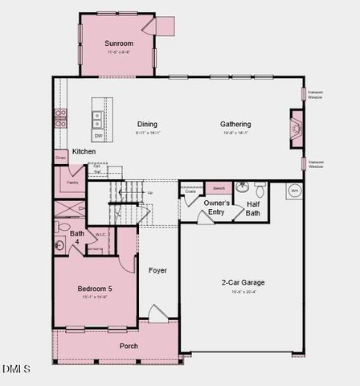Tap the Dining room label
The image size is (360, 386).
coord(147,124)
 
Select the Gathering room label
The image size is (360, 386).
coord(236,124)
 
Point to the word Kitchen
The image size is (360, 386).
coord(84,151)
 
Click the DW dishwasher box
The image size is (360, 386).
coord(98,136)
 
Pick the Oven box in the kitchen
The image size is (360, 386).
coord(60,158)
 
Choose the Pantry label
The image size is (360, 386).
coord(72,183)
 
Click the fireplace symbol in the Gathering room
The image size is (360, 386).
coord(295,126)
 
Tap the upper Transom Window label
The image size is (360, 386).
coord(315,94)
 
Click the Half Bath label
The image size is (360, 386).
coord(253,208)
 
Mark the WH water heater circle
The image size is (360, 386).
coord(294,191)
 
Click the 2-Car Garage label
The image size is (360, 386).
coord(243,282)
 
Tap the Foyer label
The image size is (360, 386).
coord(157,270)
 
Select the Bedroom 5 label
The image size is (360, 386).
coord(95,289)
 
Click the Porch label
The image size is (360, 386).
coord(129,346)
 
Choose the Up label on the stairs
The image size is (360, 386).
coord(150,193)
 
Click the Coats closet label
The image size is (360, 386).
coord(190,191)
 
